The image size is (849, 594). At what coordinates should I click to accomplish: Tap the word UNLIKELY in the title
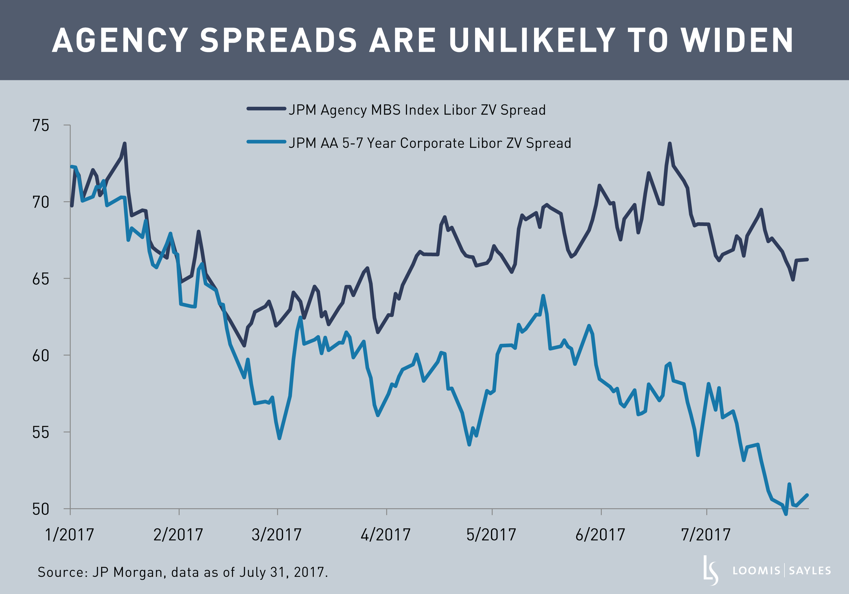pyautogui.click(x=532, y=40)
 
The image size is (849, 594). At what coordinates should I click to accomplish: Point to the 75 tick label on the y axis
pyautogui.click(x=41, y=126)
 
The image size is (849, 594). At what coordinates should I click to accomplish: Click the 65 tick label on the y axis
pyautogui.click(x=41, y=279)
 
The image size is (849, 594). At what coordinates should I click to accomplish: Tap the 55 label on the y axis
pyautogui.click(x=41, y=432)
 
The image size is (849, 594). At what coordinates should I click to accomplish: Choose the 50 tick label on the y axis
pyautogui.click(x=41, y=509)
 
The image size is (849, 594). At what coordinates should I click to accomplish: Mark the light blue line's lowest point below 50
pyautogui.click(x=786, y=514)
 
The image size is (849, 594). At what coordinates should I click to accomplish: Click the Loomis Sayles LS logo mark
pyautogui.click(x=710, y=570)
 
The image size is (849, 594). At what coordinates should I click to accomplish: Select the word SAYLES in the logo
pyautogui.click(x=810, y=571)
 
